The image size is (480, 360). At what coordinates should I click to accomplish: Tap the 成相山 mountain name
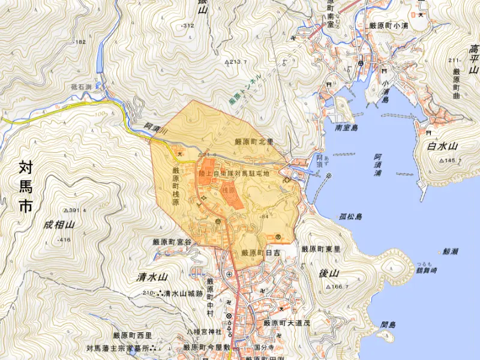(x=59, y=225)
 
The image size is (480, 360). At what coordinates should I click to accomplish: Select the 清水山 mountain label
(x=151, y=277)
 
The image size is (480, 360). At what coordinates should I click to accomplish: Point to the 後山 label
(x=329, y=274)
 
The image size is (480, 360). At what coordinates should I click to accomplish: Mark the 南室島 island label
(x=347, y=128)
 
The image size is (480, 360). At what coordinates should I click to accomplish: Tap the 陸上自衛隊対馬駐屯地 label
(x=235, y=173)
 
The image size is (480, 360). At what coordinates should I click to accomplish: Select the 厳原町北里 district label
(x=254, y=142)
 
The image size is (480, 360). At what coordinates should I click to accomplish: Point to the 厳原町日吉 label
(x=260, y=253)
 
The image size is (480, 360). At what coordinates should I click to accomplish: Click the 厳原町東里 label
(x=321, y=249)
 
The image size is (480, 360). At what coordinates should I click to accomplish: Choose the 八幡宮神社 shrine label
(x=203, y=331)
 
